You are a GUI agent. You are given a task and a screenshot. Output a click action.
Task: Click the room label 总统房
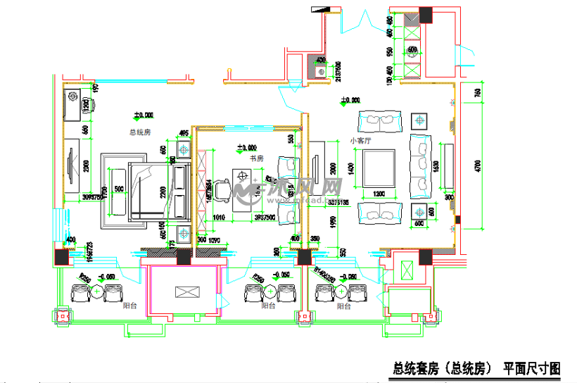coord(140,132)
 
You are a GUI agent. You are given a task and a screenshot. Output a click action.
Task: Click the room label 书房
coord(256,158)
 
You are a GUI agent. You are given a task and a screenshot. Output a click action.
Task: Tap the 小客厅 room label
coord(360,141)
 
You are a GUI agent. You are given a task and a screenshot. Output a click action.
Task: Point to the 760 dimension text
coord(478,93)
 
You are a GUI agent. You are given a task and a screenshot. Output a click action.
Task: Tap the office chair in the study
coord(224,189)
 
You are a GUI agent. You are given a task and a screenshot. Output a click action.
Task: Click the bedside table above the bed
coord(184,149)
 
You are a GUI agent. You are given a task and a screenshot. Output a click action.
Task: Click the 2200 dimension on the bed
coord(163,191)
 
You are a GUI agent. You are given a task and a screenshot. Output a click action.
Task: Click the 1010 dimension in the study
coord(219,218)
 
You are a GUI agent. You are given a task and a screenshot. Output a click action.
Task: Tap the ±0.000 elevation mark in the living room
coord(350,100)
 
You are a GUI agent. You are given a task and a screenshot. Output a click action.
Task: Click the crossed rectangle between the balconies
coord(188,291)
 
